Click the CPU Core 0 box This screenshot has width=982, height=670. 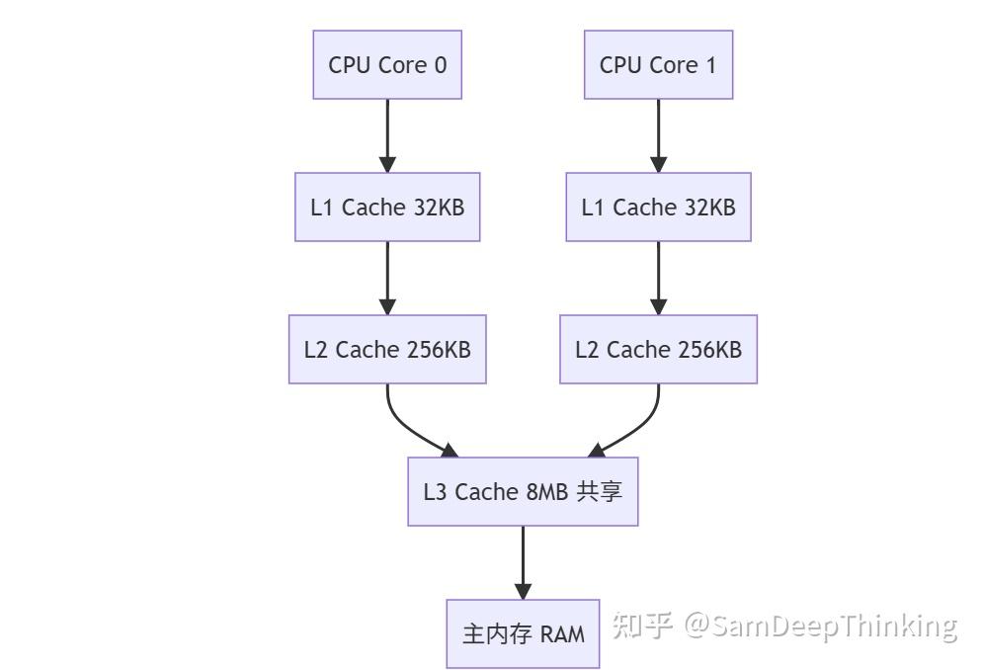pos(387,64)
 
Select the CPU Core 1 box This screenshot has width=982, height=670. pos(658,64)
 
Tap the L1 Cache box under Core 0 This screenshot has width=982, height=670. pos(387,207)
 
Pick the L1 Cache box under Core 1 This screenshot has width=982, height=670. pos(658,207)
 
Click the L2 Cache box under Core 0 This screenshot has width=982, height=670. pos(387,349)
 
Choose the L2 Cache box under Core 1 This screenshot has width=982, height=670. pos(658,349)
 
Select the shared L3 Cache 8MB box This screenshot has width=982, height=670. pos(523,491)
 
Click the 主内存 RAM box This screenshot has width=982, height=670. pos(523,633)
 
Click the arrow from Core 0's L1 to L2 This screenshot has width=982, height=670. pos(387,278)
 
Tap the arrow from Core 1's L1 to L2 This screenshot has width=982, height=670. pos(658,278)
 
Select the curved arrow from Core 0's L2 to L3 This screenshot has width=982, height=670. pos(404,426)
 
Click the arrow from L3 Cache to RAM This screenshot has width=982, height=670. pos(523,561)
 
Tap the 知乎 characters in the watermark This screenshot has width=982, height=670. pos(642,625)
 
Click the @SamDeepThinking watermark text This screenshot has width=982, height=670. pos(822,626)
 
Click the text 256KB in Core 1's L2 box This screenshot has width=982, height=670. pos(708,350)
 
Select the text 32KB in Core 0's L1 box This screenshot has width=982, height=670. pos(438,208)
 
